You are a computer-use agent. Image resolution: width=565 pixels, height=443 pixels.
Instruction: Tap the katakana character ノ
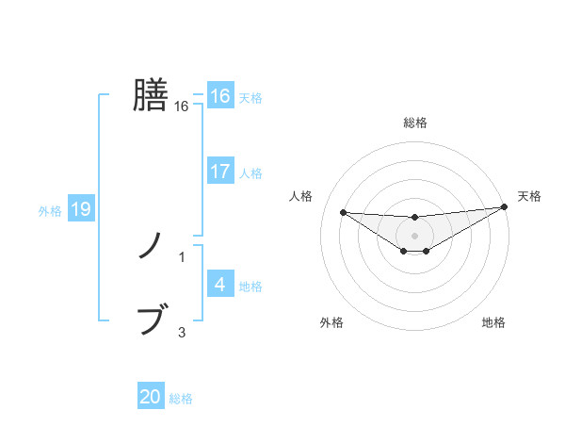point(151,246)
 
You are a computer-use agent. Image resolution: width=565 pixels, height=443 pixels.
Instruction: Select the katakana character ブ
point(152,320)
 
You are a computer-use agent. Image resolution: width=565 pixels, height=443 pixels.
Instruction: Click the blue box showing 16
point(219,96)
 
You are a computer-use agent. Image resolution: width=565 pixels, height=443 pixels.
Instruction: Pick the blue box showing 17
point(219,172)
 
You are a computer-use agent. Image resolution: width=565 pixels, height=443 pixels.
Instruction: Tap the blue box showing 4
point(219,285)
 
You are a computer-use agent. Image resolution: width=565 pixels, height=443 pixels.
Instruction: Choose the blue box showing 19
point(80,209)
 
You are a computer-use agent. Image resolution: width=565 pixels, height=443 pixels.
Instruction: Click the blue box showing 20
point(151,397)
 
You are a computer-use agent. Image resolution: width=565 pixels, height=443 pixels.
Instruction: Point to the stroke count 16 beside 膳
point(182,107)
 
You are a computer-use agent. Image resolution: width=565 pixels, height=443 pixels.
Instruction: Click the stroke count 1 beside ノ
point(182,257)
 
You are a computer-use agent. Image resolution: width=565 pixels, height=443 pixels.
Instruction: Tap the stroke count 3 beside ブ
point(182,332)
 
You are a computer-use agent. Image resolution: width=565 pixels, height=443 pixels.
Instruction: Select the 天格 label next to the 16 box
point(250,98)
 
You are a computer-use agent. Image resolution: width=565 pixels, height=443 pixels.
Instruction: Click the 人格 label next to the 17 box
point(250,173)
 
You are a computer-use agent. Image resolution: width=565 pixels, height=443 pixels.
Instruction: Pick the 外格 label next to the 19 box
point(50,211)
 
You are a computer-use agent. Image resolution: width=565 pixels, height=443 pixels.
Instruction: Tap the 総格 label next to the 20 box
point(181,399)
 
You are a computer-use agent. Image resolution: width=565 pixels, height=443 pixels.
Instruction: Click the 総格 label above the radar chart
point(414,123)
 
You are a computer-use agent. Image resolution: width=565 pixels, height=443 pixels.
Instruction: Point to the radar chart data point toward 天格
point(504,207)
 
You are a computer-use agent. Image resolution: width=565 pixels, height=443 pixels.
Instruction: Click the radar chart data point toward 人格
point(343,212)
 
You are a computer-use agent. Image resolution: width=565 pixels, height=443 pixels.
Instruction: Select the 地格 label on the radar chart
point(493,323)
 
